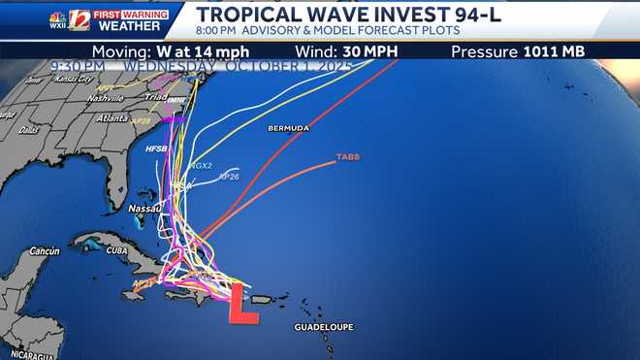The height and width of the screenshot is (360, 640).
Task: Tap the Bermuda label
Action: (287, 128)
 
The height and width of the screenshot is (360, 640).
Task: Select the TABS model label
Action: (347, 156)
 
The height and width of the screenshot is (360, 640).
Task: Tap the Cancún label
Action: (43, 250)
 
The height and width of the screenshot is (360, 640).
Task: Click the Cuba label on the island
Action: (115, 248)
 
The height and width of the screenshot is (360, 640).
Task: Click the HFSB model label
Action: (156, 149)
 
